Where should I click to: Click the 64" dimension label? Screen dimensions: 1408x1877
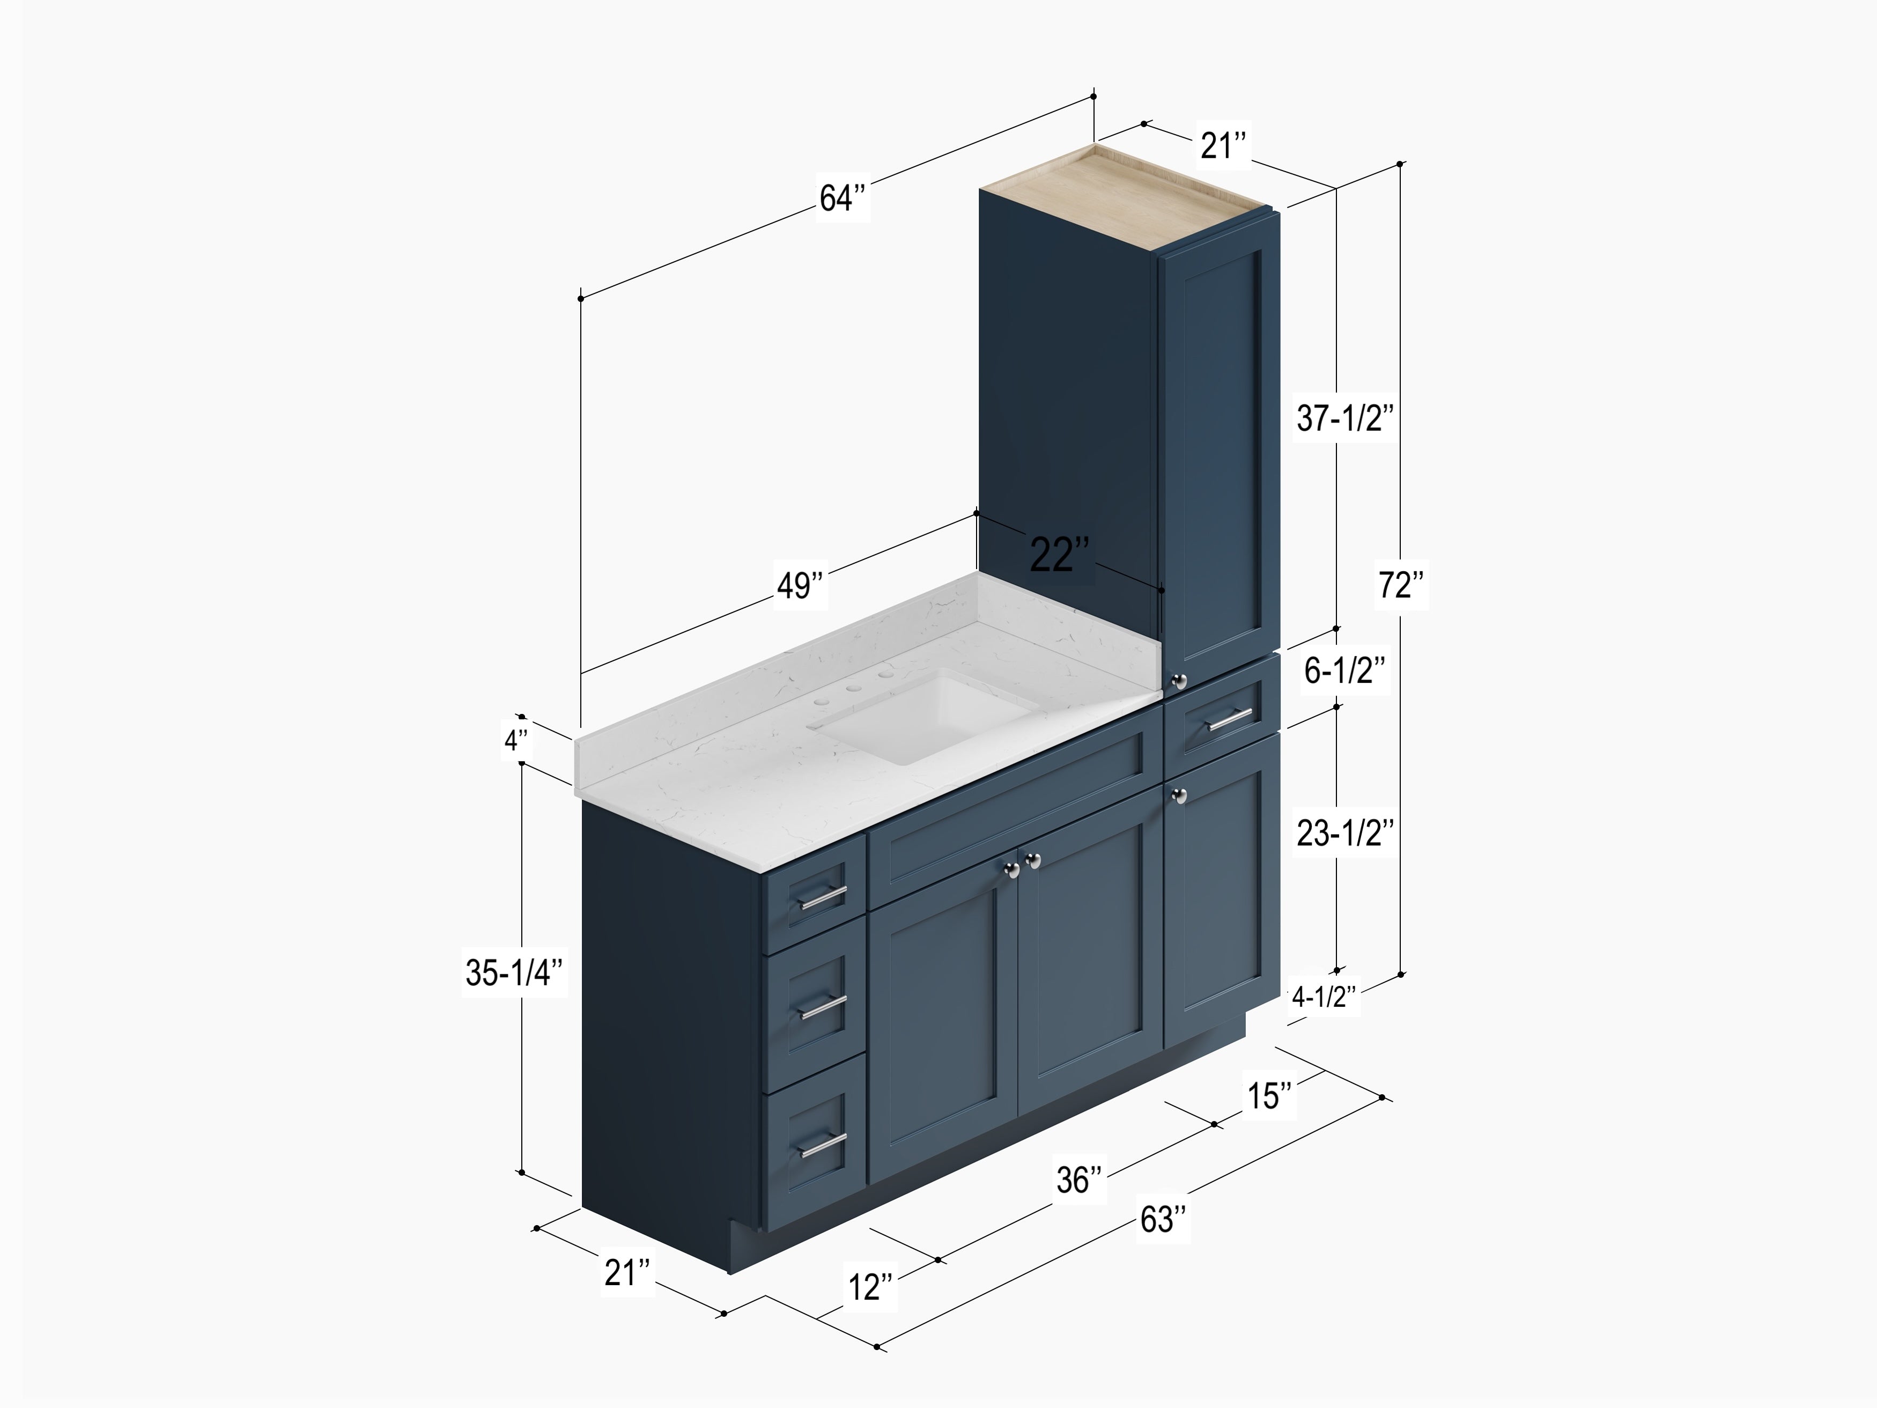click(x=842, y=198)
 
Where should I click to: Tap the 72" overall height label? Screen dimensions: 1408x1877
click(x=1401, y=585)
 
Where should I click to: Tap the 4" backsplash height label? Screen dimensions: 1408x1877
click(x=517, y=741)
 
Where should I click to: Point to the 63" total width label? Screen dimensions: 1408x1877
click(x=1163, y=1220)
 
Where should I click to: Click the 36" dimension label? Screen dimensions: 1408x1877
click(x=1080, y=1180)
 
